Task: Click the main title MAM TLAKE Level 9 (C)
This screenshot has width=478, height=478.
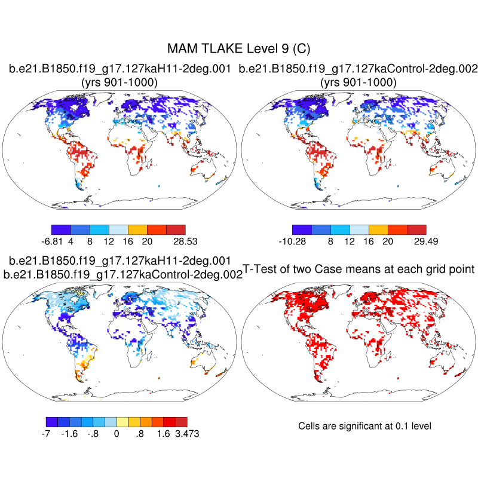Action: pos(239,48)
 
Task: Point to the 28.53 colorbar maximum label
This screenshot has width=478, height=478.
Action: pos(184,241)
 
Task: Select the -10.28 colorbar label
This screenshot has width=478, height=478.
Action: pos(293,241)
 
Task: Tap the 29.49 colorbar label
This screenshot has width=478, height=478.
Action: pos(425,241)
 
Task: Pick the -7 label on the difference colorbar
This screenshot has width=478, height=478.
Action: pos(46,433)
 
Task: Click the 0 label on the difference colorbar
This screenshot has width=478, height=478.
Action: pos(117,433)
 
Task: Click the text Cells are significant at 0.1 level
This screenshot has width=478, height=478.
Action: pos(364,426)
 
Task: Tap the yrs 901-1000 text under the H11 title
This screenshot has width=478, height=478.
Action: pos(119,82)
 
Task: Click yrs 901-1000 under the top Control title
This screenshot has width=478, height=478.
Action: pos(358,82)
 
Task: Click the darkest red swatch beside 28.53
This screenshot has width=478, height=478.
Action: pos(176,229)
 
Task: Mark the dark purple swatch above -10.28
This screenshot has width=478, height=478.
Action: pos(302,229)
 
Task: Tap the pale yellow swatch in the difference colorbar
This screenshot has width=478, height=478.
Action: pos(122,421)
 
